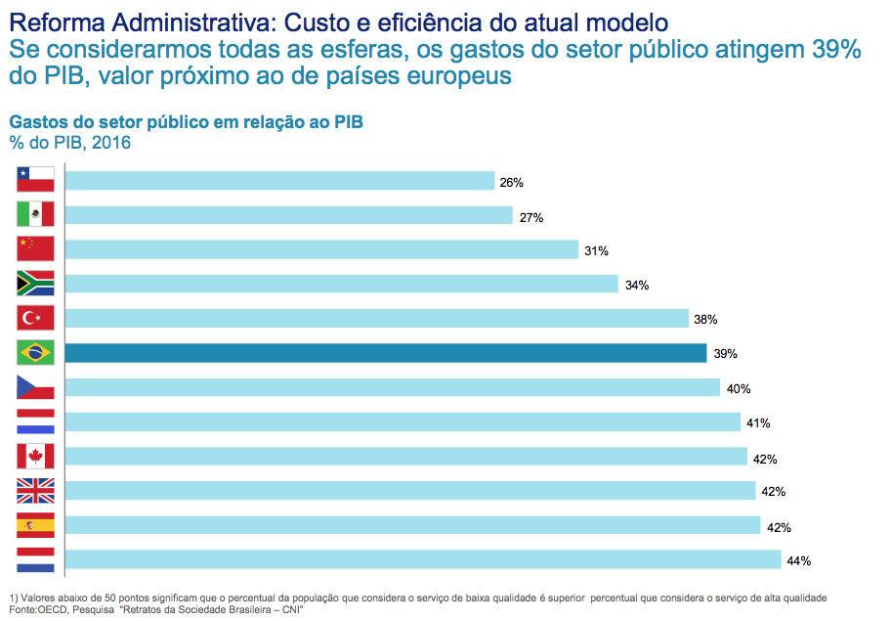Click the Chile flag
[35, 180]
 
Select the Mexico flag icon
[35, 214]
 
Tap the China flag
[35, 248]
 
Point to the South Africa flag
[35, 284]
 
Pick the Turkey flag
[35, 318]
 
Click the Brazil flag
[35, 352]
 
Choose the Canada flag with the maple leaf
[35, 457]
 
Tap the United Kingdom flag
[35, 491]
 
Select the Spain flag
[35, 526]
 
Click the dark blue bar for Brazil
[385, 353]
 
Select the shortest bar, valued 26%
[279, 181]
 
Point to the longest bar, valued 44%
[423, 560]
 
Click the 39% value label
[725, 354]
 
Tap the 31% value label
[596, 251]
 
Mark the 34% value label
[637, 286]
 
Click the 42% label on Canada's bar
[766, 459]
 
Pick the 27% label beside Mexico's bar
[531, 217]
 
